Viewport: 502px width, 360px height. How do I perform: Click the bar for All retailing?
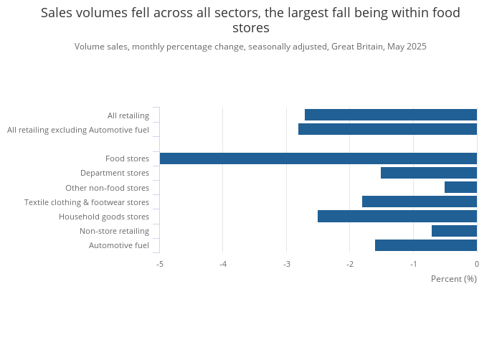click(391, 115)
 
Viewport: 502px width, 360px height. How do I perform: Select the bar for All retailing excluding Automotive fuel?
click(387, 129)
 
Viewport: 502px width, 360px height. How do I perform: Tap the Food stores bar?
click(318, 158)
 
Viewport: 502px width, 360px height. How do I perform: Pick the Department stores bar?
click(429, 173)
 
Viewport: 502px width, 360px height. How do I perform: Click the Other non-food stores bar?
click(460, 187)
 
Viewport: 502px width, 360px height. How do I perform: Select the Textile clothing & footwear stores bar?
click(420, 202)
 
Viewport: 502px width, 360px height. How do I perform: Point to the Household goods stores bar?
click(397, 216)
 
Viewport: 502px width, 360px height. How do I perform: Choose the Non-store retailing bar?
click(454, 231)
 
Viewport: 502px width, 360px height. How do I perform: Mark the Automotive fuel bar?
click(426, 245)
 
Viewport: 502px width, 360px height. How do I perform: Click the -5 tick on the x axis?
click(160, 264)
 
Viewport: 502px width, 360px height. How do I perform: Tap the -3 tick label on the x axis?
click(286, 264)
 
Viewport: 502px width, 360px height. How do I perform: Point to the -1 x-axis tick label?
click(413, 264)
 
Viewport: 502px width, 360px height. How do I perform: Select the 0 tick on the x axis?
click(476, 264)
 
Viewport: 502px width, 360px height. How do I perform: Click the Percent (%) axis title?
click(453, 279)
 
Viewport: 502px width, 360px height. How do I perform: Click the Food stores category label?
click(127, 158)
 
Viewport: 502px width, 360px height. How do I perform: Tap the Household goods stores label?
click(104, 217)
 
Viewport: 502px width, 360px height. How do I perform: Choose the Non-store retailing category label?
click(114, 231)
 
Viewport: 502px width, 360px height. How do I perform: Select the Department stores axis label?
click(115, 173)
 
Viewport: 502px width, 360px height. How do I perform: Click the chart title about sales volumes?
click(250, 20)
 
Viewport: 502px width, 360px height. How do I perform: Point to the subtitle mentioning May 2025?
click(250, 47)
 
